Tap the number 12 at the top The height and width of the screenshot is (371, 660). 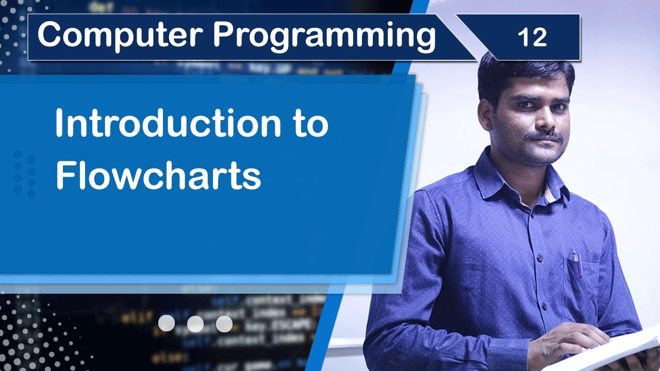pyautogui.click(x=532, y=37)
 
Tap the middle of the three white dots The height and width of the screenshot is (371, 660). pyautogui.click(x=195, y=324)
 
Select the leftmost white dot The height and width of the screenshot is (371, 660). pyautogui.click(x=166, y=324)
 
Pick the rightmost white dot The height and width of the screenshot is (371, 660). pyautogui.click(x=224, y=324)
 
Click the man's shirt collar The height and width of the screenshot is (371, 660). pyautogui.click(x=495, y=175)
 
